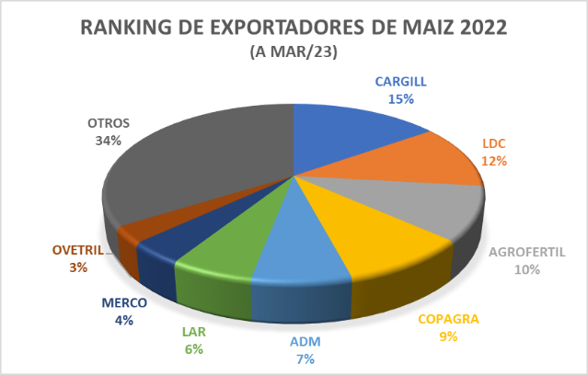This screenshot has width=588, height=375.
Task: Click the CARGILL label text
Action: [x=399, y=81]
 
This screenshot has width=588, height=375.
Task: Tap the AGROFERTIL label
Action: [x=527, y=253]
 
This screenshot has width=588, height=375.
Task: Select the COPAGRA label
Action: [x=449, y=321]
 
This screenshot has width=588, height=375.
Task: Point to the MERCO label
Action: [x=124, y=303]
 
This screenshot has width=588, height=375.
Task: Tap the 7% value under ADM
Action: [x=306, y=358]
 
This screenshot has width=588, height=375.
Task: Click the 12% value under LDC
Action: [x=494, y=160]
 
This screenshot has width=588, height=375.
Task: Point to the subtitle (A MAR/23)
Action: [x=294, y=52]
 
